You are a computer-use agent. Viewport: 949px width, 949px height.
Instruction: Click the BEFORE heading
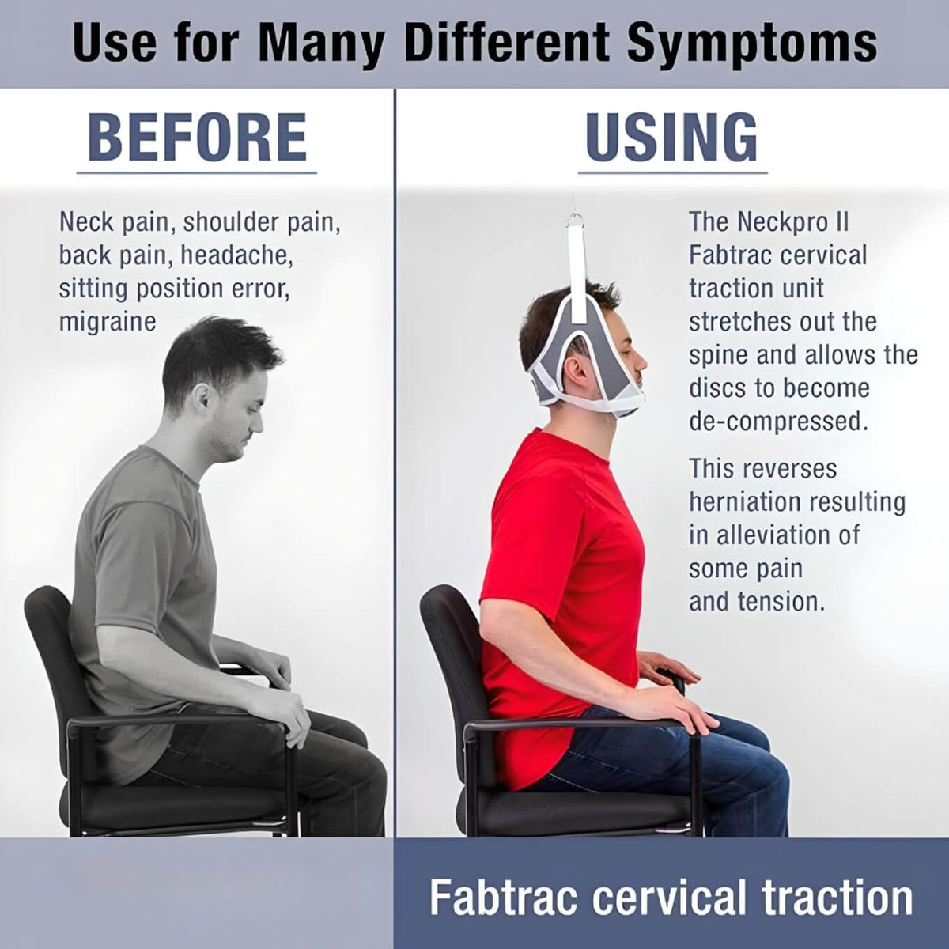coord(197,138)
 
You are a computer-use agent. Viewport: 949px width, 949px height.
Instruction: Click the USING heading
coord(671,138)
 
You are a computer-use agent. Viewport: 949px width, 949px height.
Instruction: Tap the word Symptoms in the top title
coord(752,43)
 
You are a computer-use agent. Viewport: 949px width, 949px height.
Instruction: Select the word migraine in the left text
coord(108,322)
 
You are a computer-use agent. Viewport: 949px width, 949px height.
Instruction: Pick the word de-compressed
coord(778,421)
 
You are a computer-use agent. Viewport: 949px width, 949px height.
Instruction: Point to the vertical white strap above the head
coord(577,269)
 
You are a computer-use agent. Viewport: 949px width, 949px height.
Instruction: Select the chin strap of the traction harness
coord(601,403)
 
